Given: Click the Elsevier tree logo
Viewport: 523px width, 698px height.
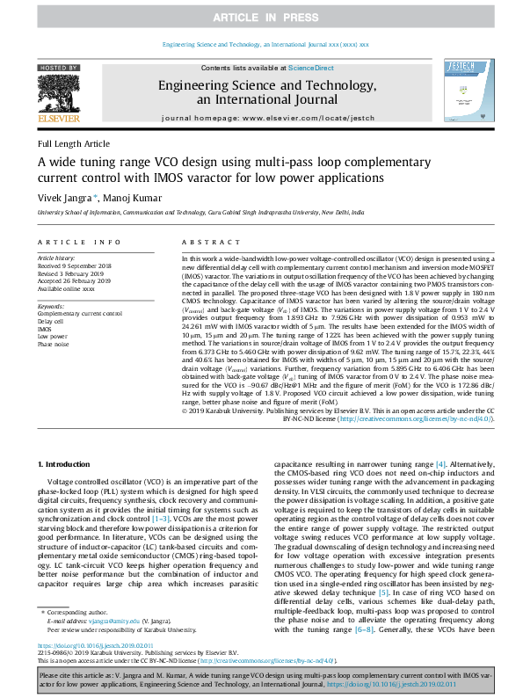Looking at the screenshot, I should tap(60, 93).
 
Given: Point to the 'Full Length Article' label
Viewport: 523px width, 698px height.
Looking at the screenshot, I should tap(74, 143).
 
